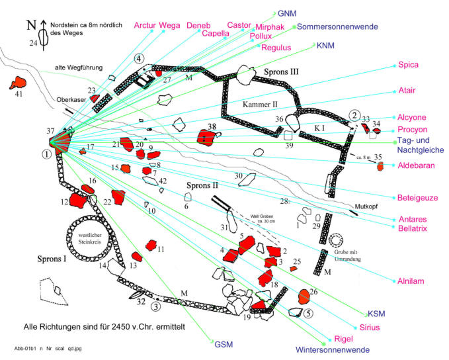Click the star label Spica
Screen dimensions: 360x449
pyautogui.click(x=411, y=65)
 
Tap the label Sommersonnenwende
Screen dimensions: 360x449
pyautogui.click(x=337, y=27)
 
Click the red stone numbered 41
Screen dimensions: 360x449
pyautogui.click(x=15, y=83)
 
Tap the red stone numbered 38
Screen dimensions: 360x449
pyautogui.click(x=208, y=137)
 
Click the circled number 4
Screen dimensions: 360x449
pyautogui.click(x=139, y=58)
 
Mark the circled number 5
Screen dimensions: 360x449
pyautogui.click(x=309, y=314)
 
